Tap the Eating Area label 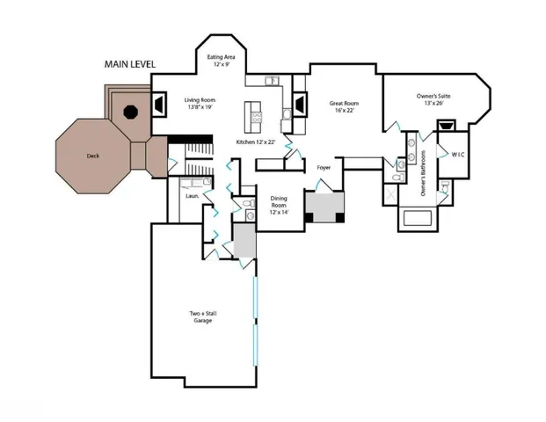221,62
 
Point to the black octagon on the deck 130,112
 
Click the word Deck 92,156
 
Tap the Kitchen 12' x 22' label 256,142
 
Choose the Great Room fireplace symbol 300,105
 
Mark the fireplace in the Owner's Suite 446,125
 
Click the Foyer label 324,166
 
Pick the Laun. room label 192,195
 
